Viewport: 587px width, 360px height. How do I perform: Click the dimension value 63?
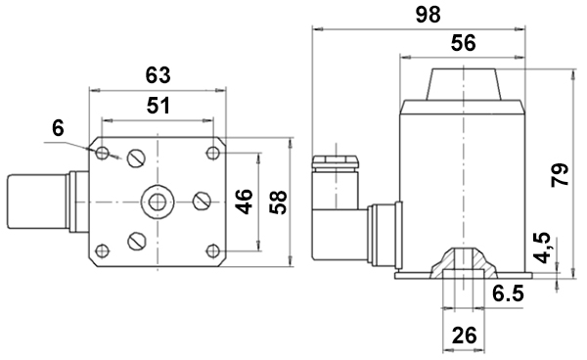click(158, 75)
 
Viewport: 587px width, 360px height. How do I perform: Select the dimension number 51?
click(158, 106)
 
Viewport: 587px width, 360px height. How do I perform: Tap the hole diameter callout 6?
click(58, 128)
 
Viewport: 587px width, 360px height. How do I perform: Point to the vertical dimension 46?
click(245, 202)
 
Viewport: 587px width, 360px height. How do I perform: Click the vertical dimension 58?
click(279, 202)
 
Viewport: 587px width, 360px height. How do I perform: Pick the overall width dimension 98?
click(429, 15)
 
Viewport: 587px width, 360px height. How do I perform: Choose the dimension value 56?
click(463, 43)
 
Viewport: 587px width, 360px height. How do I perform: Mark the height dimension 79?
click(561, 174)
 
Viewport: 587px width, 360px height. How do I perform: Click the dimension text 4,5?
click(542, 247)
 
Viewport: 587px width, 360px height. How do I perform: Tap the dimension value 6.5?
click(508, 293)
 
